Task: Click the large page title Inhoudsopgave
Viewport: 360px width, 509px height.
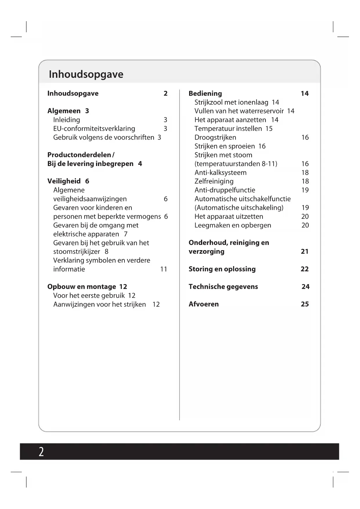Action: [x=86, y=74]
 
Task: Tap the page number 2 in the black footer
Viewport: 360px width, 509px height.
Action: [x=41, y=452]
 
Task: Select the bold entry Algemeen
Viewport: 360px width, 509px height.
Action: [x=64, y=111]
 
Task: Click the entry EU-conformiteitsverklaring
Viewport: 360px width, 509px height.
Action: [x=94, y=129]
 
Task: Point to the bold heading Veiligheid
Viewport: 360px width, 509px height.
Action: [x=64, y=181]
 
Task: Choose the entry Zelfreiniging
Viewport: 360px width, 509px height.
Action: [x=214, y=181]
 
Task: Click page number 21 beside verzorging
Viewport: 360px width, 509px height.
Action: [x=305, y=251]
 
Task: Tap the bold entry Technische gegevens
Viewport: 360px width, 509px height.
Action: [x=223, y=287]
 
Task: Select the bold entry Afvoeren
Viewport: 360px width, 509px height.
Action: [x=204, y=304]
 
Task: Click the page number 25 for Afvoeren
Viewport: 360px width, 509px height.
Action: [x=305, y=304]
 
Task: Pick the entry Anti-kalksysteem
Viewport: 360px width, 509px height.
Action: [x=220, y=173]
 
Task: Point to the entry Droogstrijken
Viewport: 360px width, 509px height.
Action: [x=215, y=138]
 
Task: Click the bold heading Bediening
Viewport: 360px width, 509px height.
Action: [x=205, y=93]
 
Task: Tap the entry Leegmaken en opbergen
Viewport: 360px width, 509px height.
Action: [x=233, y=225]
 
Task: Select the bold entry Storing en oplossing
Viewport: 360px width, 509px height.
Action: [x=222, y=269]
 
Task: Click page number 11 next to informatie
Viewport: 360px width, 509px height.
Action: [x=164, y=269]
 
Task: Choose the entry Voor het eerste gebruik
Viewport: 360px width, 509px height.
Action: [x=89, y=295]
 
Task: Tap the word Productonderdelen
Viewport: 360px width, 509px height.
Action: [x=79, y=155]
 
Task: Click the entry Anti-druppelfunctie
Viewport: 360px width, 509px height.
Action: [x=225, y=190]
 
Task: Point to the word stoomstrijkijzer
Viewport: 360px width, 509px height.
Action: [x=77, y=252]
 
